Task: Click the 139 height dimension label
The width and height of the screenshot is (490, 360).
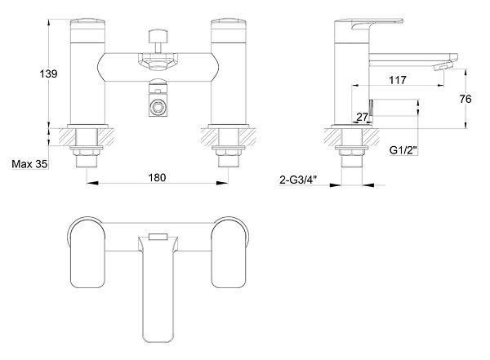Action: [48, 74]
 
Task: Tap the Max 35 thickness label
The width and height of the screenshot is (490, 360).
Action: [29, 164]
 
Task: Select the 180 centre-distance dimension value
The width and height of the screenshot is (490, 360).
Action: [157, 177]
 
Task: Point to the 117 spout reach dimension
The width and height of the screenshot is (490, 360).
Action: [398, 80]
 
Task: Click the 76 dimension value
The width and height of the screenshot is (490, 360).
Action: [465, 99]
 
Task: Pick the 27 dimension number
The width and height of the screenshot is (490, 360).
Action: [362, 117]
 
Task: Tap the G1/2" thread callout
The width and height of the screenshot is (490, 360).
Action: [403, 150]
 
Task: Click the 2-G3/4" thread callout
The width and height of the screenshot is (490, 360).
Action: [298, 180]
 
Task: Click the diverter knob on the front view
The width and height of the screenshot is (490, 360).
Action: [158, 36]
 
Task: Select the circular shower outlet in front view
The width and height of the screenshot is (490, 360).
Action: [158, 108]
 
